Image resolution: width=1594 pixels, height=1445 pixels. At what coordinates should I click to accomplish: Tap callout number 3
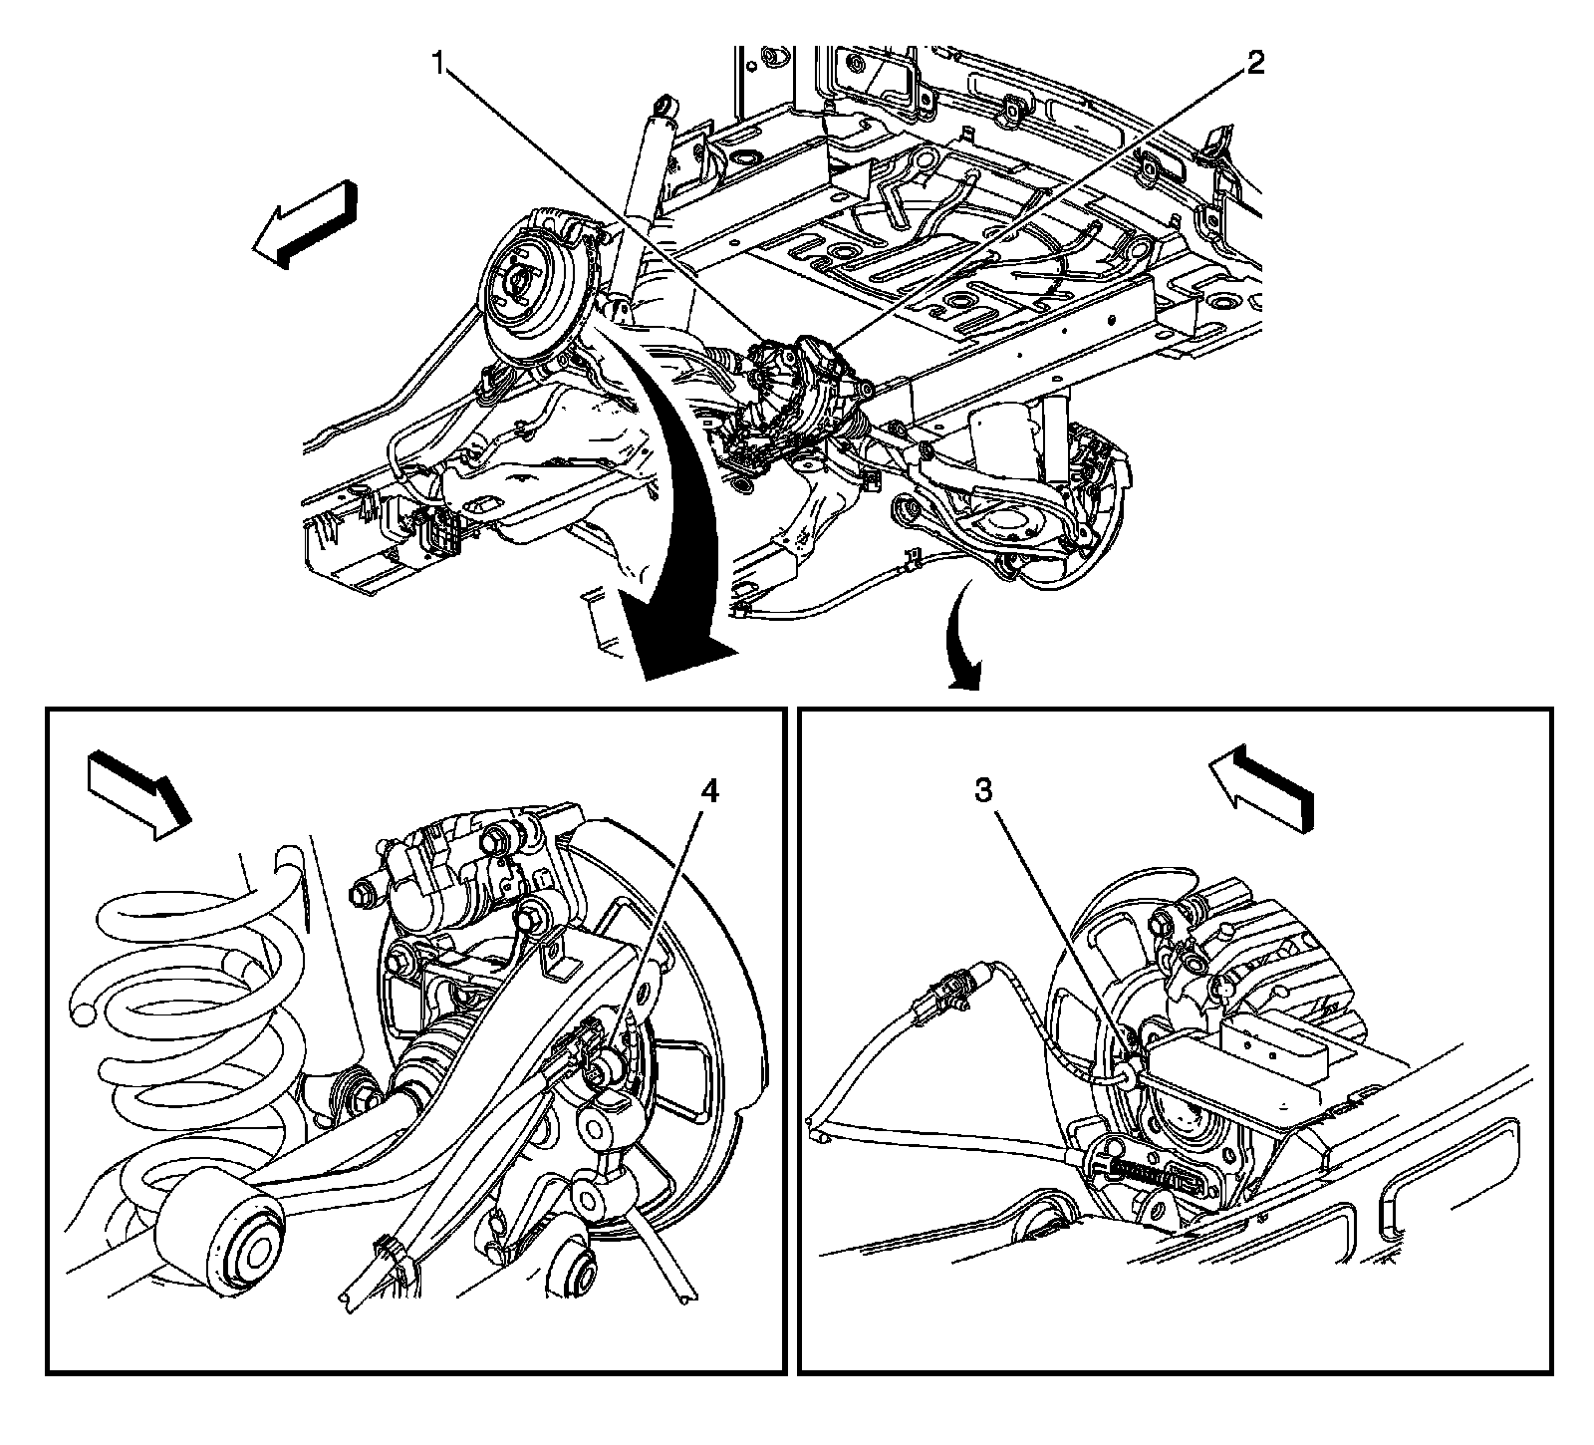coord(982,792)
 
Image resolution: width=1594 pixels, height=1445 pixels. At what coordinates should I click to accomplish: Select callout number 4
coord(708,792)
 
